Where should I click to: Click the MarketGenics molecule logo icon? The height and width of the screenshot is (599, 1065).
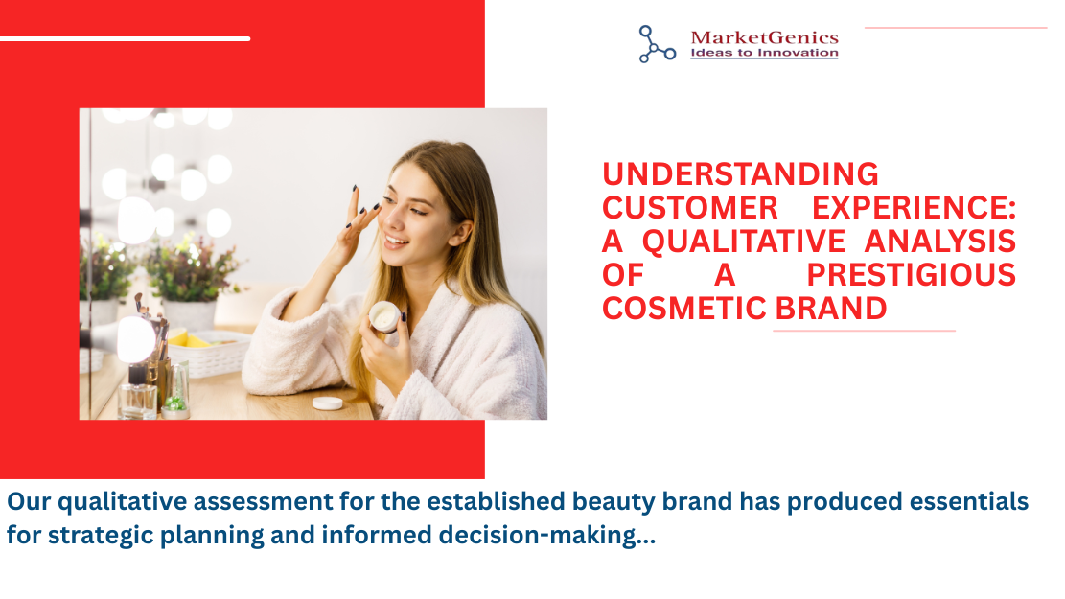coord(657,44)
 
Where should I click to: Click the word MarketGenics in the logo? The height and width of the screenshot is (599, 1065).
coord(764,37)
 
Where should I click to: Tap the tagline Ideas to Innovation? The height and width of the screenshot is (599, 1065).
coord(764,53)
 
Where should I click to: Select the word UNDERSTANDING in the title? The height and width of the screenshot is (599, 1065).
coord(740,174)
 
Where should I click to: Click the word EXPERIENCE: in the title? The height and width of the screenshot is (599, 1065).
coord(915,208)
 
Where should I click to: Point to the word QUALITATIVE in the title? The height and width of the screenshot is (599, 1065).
coord(744,242)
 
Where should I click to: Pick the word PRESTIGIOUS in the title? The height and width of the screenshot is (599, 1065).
coord(911,275)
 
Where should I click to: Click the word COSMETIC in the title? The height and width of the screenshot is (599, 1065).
coord(684,309)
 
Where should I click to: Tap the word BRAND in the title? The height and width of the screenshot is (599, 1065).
coord(831,309)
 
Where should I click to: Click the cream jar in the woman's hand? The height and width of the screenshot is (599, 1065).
coord(384,316)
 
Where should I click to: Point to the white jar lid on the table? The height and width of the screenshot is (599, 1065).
coord(328,403)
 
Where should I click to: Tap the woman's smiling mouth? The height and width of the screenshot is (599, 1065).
coord(396,241)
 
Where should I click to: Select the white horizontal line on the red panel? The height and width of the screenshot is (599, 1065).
coord(125,38)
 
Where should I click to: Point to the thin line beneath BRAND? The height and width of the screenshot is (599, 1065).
coord(864,331)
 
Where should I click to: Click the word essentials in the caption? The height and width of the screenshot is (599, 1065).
coord(969,501)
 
